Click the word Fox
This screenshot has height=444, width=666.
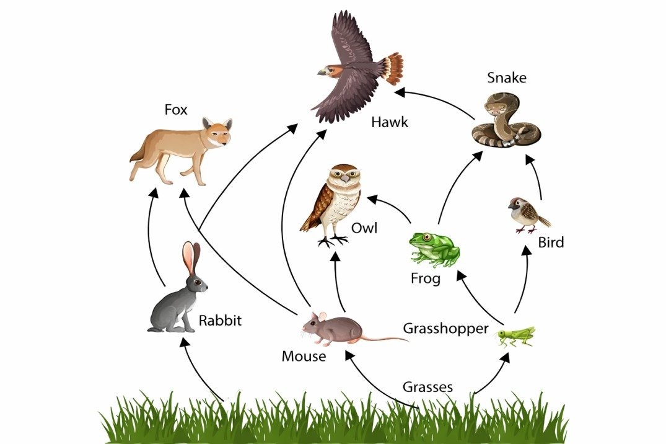(175, 110)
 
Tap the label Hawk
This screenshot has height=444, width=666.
(390, 122)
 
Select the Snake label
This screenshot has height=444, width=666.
(506, 78)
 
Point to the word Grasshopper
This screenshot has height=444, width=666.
(445, 328)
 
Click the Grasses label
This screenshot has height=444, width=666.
(427, 387)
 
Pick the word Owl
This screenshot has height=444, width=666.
(364, 228)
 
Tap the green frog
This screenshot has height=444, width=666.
(434, 247)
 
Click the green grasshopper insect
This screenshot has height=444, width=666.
(515, 335)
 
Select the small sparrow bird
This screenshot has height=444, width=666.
(526, 214)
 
